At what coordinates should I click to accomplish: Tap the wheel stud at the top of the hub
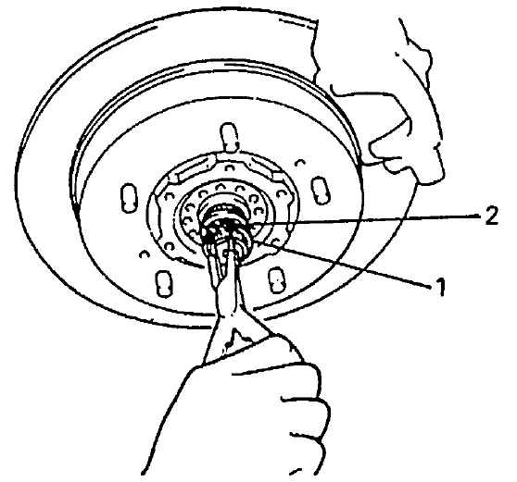pos(229,137)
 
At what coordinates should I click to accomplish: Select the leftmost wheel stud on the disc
pos(129,198)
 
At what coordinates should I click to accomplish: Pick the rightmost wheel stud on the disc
pos(321,190)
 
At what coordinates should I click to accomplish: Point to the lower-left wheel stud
pos(163,283)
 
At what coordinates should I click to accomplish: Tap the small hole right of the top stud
pos(299,163)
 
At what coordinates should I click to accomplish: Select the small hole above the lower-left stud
pos(144,254)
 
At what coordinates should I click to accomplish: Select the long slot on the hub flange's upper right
pos(264,167)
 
